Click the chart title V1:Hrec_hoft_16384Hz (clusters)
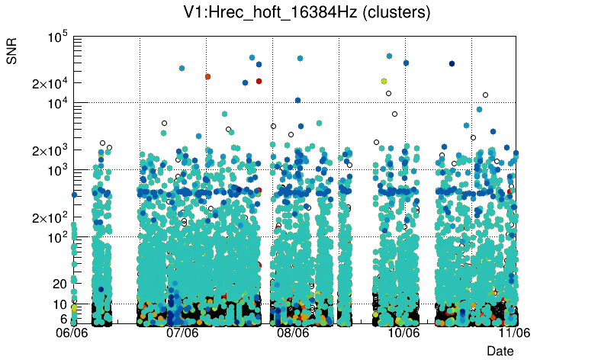point(307,13)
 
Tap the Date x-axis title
point(500,350)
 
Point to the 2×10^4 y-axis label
point(51,84)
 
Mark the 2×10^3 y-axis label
point(51,151)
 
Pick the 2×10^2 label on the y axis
point(51,218)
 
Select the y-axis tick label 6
point(64,319)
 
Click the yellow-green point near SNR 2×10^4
point(384,81)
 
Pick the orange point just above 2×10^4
point(207,76)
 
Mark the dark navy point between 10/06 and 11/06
point(452,63)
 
